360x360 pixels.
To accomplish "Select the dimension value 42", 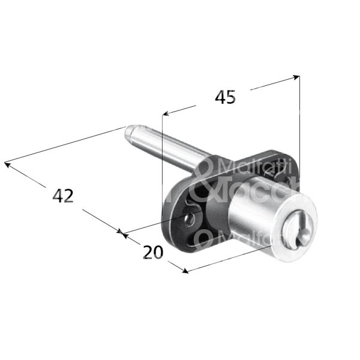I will click(63, 196).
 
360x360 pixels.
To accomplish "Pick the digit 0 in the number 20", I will click(160, 253).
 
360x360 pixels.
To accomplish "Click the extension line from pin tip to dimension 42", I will click(66, 145).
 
